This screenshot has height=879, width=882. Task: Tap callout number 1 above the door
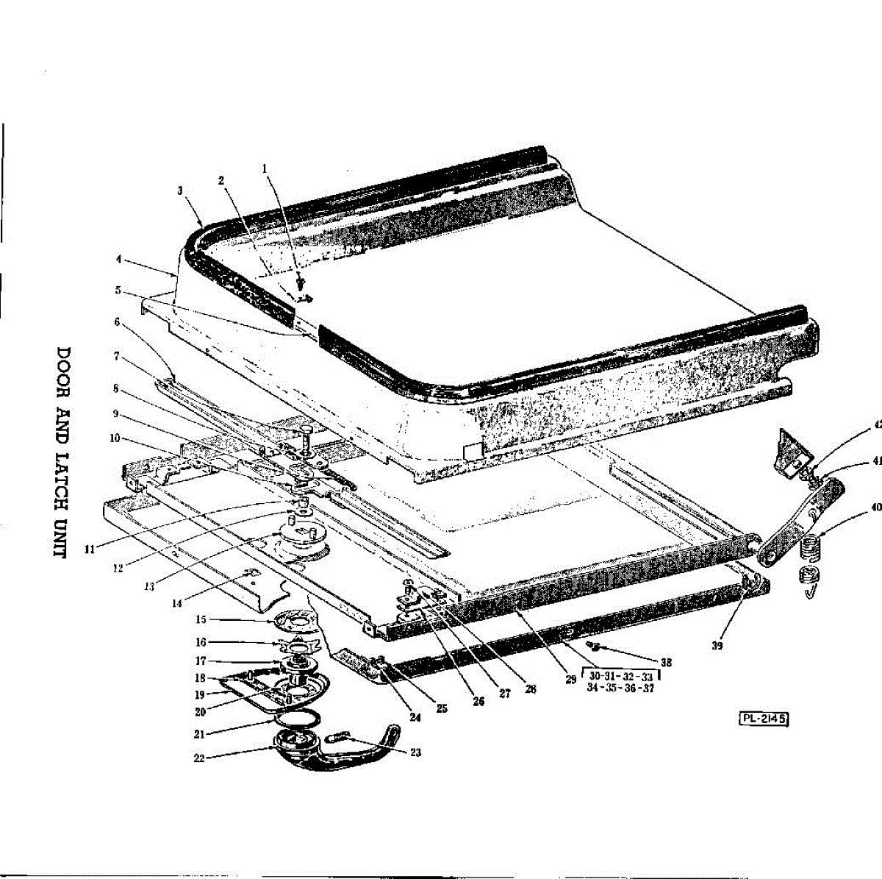tap(265, 168)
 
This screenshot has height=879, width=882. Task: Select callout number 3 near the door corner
tap(180, 190)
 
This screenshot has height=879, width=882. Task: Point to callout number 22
tap(198, 758)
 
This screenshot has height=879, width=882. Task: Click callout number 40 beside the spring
tap(875, 507)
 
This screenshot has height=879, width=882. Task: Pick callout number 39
tap(717, 645)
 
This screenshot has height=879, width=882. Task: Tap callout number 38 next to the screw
tap(666, 662)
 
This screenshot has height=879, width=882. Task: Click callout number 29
tap(570, 680)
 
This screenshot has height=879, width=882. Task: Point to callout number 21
tap(198, 733)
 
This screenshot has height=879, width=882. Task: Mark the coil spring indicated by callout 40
tap(808, 547)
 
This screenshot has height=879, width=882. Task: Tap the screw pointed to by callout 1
tap(301, 281)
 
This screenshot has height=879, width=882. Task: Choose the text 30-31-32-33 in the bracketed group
tap(621, 676)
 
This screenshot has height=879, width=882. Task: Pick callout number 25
tap(442, 708)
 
